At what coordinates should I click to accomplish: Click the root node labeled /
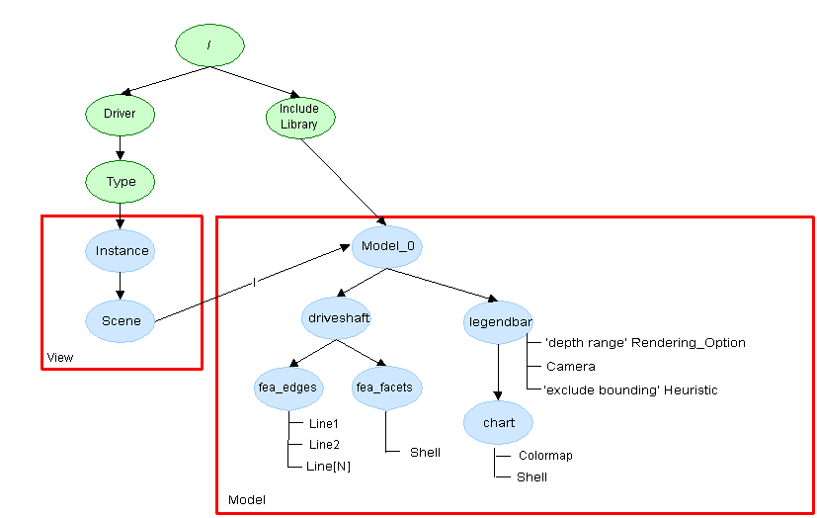(209, 44)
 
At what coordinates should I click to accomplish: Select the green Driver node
(120, 114)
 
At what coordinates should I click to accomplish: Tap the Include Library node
(298, 117)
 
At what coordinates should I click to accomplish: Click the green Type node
(121, 181)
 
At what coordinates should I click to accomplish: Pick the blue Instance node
(123, 250)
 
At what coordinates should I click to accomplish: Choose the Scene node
(121, 320)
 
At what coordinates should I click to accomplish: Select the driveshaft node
(335, 319)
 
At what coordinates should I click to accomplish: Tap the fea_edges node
(286, 388)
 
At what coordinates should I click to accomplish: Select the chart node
(499, 423)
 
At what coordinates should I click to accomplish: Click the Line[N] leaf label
(330, 466)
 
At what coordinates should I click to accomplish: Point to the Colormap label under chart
(545, 456)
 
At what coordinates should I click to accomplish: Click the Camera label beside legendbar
(570, 366)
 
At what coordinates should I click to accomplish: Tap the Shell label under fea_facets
(426, 452)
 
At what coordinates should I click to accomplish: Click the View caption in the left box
(60, 357)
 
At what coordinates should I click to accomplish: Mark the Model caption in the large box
(247, 500)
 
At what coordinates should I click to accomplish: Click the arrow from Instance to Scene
(121, 285)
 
